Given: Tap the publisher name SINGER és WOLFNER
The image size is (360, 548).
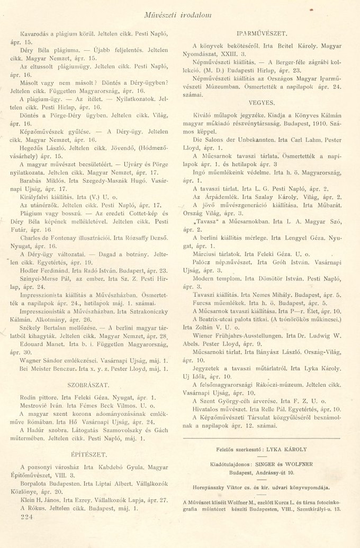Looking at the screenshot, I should (x=286, y=464).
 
